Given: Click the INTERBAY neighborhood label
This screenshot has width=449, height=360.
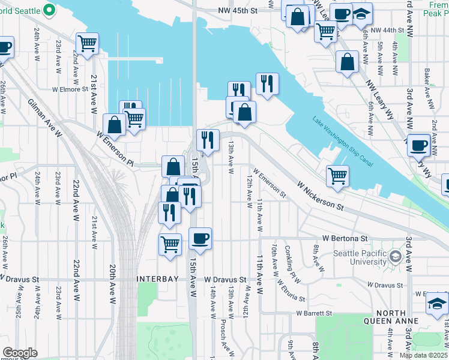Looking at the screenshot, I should pos(157,280).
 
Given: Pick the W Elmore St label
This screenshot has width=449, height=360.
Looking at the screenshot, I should pos(70,89).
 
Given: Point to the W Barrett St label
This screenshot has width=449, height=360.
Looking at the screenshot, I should pos(314,313).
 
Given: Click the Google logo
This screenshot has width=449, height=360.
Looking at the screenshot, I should pos(20,353).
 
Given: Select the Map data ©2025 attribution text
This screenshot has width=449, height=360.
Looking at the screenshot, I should pos(424,355).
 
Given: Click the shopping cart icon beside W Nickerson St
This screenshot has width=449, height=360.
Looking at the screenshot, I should pos(338,176).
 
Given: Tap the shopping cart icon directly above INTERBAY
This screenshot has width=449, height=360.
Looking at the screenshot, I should pos(170,244).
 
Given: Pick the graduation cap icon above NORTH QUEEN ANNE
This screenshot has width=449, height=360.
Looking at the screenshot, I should pos(437,304).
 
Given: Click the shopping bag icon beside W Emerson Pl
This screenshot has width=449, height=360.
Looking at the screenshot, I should pos(114,125).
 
